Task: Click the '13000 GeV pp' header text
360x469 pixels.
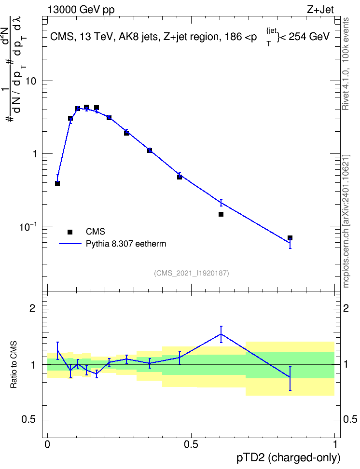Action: point(81,10)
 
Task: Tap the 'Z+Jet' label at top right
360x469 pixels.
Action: point(320,10)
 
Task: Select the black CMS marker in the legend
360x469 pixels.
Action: point(70,232)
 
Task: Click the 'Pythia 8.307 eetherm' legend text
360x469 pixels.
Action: point(125,244)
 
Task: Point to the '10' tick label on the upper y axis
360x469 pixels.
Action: point(30,81)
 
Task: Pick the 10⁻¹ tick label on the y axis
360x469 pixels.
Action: point(28,226)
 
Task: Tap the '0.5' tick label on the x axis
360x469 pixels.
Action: point(191,444)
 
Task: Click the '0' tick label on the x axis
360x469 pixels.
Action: point(47,444)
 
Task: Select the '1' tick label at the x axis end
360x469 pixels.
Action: point(335,444)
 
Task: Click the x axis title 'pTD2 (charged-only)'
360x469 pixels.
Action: point(289,458)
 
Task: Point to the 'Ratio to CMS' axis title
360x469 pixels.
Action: point(14,365)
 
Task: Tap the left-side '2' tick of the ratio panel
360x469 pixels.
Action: point(32,308)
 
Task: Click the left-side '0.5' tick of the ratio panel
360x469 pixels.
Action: point(29,420)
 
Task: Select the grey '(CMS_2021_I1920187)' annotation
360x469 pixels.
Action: point(192,273)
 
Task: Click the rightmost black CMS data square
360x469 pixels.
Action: point(290,238)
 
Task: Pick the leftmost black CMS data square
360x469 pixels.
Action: point(57,183)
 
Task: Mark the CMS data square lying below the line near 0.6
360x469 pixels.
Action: point(221,214)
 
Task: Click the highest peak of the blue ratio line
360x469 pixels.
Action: point(221,334)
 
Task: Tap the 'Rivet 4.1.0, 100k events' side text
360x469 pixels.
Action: point(346,64)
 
